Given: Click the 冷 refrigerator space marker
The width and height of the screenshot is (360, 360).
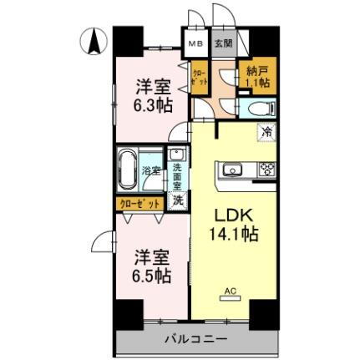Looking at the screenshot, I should [266, 130].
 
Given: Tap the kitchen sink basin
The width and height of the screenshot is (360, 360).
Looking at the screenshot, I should [231, 170].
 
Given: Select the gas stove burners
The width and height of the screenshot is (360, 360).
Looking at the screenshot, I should [266, 170].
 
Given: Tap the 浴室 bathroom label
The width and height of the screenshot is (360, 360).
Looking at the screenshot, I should [150, 171].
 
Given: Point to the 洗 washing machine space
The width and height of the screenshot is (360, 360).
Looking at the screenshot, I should [177, 200].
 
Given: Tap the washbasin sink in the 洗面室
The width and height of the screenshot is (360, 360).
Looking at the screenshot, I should [177, 155].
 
